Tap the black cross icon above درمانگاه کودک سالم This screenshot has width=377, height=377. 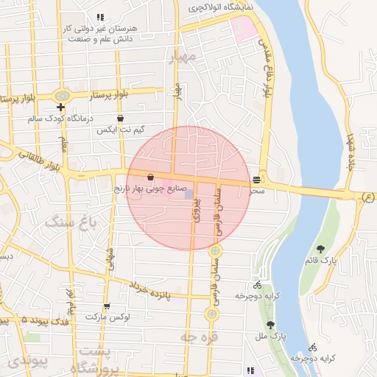click(60, 108)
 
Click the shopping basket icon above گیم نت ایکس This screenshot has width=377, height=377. click(120, 118)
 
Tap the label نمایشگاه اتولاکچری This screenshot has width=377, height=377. click(220, 7)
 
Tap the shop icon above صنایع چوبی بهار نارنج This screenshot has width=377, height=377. click(151, 177)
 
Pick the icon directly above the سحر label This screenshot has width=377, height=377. click(256, 179)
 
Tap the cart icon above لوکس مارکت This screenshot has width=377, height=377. click(108, 306)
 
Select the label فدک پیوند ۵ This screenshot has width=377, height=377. click(24, 320)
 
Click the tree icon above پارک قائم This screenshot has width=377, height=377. click(320, 250)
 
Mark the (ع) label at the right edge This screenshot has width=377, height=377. click(368, 196)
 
